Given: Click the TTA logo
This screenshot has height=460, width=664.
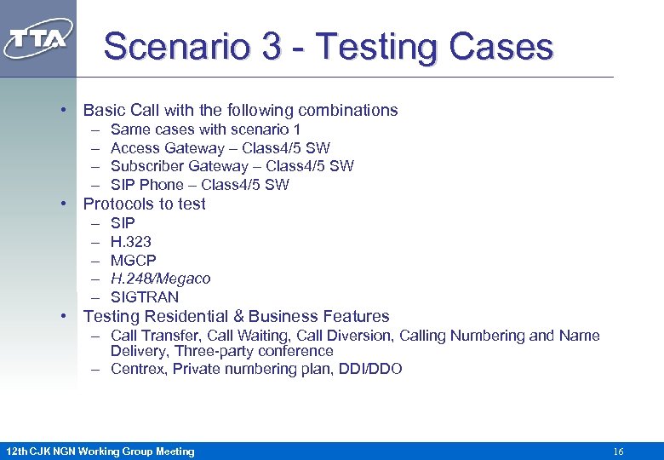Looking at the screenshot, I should point(38,39).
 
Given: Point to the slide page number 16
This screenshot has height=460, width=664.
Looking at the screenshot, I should point(618,451).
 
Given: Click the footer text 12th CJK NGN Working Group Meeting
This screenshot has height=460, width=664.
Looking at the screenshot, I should point(100,451).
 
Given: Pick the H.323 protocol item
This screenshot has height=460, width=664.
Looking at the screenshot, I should point(131,241).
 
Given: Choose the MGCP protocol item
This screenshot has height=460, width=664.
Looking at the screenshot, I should point(134,260).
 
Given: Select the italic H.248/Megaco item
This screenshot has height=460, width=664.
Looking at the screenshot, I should point(160,279).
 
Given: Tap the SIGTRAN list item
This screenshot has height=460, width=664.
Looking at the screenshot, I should point(145,297).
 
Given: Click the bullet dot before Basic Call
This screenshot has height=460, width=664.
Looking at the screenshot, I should point(64,110).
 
